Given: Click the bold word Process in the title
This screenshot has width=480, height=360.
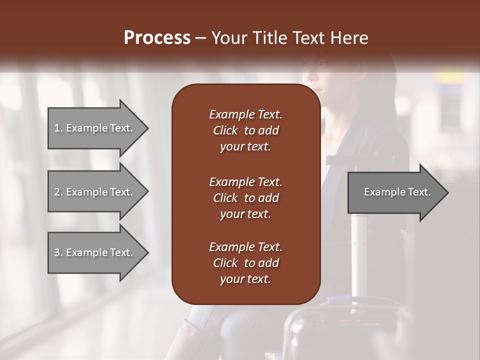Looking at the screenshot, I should click(157, 38).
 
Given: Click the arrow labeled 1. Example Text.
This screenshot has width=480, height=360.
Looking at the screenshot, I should click(93, 128).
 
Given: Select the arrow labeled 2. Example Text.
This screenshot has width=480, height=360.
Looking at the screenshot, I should click(93, 192).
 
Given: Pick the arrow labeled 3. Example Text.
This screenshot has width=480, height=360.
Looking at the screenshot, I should click(93, 252).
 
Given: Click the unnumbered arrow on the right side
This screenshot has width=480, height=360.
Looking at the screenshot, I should click(397, 192).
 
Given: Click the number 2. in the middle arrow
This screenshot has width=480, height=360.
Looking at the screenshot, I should click(58, 192).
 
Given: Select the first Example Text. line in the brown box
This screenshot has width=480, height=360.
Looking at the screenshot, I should click(245, 114).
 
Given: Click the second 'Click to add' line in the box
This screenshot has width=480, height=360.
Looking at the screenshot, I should click(245, 198).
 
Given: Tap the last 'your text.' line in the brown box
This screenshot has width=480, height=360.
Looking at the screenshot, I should click(245, 279).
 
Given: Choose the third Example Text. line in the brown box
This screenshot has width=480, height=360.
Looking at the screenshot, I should click(245, 247).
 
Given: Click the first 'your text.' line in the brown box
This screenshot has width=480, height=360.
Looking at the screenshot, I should click(245, 147).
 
